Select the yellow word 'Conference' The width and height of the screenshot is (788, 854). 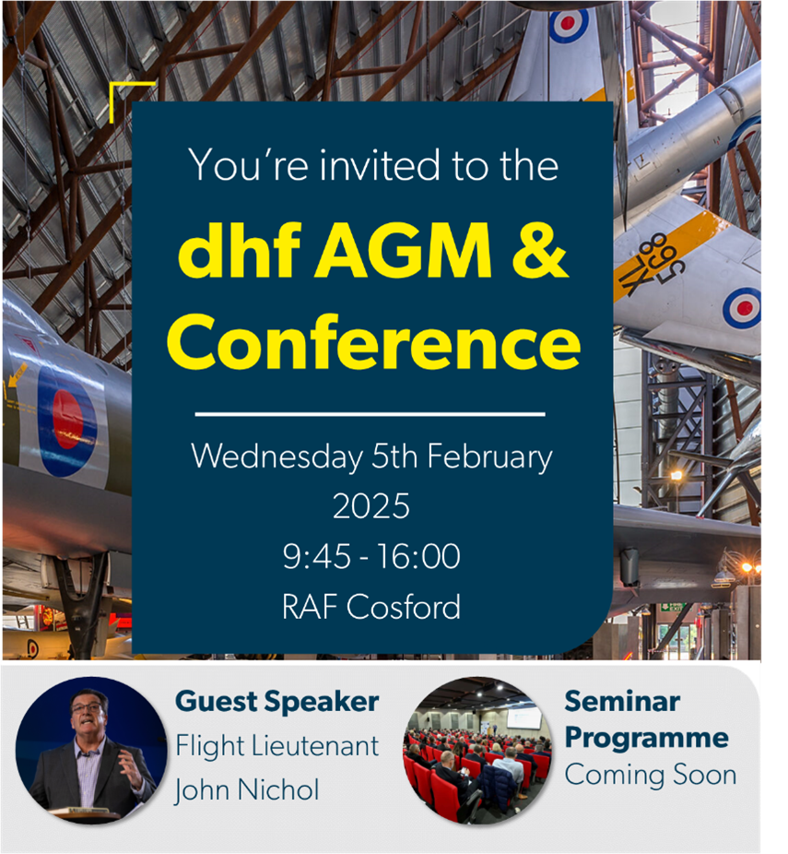click(373, 342)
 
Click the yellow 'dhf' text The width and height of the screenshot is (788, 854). click(240, 250)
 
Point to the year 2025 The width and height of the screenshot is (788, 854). click(371, 506)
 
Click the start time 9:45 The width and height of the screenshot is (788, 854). click(316, 557)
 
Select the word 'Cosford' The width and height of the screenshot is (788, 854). click(404, 607)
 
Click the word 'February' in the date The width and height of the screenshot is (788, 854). click(489, 457)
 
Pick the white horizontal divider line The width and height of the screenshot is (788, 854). click(370, 414)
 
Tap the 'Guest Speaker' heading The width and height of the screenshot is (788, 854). click(277, 702)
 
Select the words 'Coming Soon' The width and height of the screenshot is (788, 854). click(651, 775)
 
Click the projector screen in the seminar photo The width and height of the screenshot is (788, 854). click(523, 717)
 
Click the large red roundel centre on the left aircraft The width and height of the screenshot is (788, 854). click(67, 420)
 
